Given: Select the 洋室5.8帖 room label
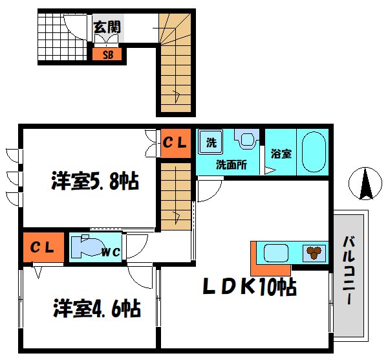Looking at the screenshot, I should [x=95, y=181].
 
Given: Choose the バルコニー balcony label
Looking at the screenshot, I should [x=349, y=272].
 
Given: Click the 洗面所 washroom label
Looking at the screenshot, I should [x=232, y=164].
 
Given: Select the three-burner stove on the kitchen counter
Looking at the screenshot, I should [x=315, y=253].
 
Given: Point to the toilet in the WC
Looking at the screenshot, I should [x=85, y=247].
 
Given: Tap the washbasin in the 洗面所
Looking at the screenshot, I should [x=246, y=139].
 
